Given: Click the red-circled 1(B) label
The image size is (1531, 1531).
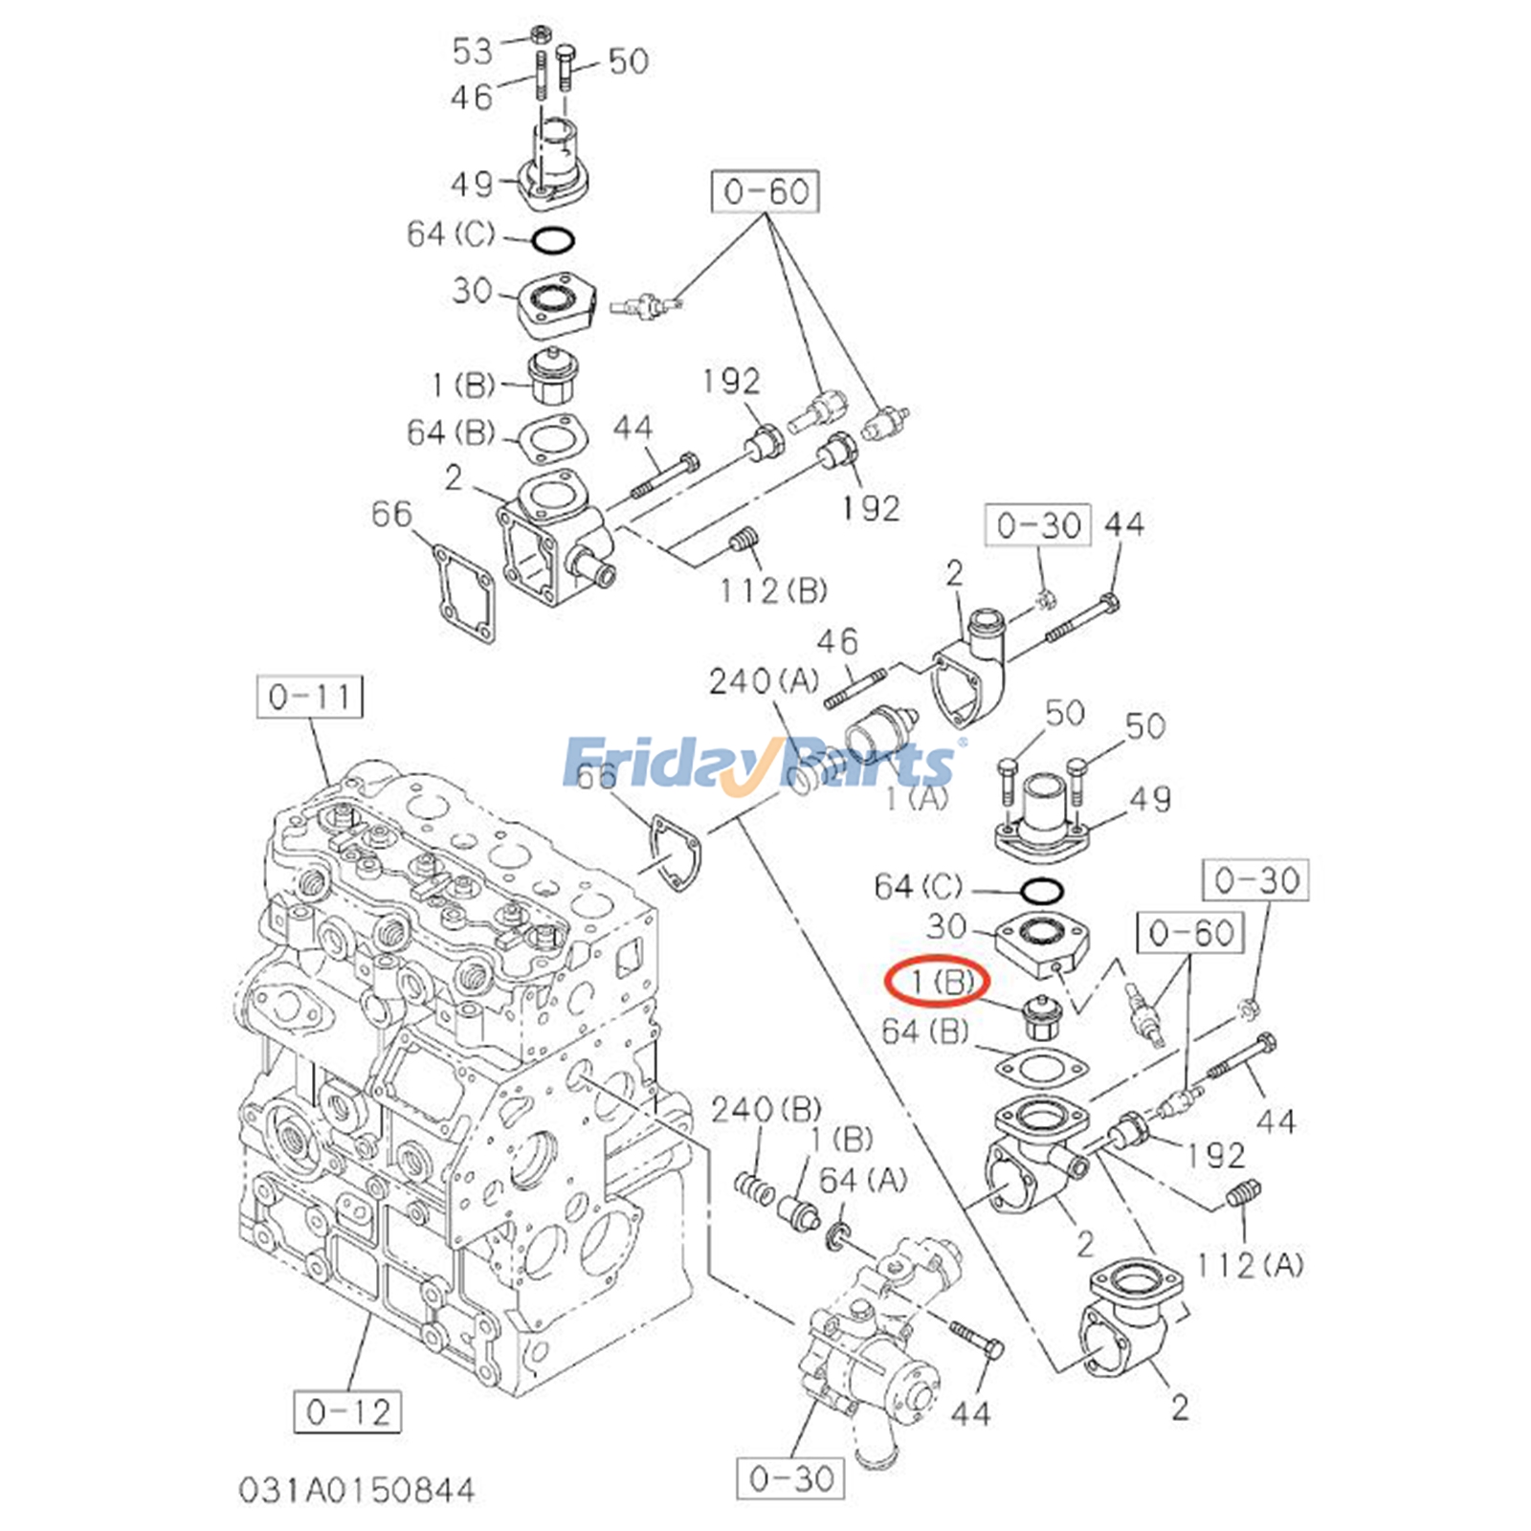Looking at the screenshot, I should [936, 981].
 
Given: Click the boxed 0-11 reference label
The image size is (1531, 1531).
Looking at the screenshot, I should [310, 697].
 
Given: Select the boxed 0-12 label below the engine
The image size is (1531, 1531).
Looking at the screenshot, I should [347, 1411].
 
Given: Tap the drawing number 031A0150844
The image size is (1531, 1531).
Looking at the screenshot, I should [356, 1490].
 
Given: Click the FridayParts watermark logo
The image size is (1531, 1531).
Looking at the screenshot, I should [761, 764].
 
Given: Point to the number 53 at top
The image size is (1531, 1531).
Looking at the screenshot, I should [473, 51].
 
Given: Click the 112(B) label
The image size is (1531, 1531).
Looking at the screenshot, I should [773, 590].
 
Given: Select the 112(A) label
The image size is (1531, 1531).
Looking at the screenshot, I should [1250, 1265].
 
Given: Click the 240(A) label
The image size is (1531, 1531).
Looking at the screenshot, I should [764, 681].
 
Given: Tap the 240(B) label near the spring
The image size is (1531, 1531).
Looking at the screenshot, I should [765, 1110].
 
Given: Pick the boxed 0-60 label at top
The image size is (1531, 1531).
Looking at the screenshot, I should [765, 191].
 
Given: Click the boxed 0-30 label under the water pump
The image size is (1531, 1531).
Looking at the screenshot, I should [791, 1478].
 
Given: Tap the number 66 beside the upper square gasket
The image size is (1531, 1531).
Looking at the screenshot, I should [391, 515].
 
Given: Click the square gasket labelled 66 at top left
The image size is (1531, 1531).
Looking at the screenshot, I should [464, 592].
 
